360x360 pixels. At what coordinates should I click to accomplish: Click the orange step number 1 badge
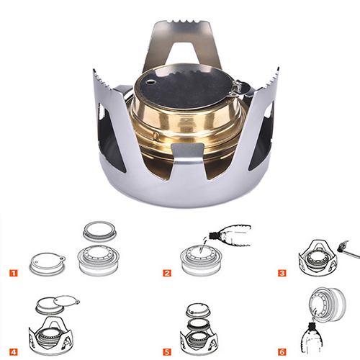pos(14,273)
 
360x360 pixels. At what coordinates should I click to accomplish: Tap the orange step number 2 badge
pos(167,273)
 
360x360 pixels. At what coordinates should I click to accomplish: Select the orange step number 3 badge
pos(282,273)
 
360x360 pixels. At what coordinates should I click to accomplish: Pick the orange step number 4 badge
pos(14,352)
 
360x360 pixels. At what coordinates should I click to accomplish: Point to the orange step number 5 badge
pos(167,352)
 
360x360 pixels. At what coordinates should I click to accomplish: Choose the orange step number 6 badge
pos(282,352)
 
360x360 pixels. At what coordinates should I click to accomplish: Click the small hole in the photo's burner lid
pos(151,82)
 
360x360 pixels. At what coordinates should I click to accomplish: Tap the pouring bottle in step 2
pos(230,235)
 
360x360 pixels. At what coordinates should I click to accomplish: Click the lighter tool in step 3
pos(348,250)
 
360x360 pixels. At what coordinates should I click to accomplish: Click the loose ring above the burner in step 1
pos(100,231)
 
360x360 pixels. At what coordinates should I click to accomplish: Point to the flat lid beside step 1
pos(48,264)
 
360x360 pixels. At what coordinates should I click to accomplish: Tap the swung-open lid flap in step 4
pos(66,301)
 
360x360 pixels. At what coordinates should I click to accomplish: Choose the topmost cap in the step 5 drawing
pos(198,310)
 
